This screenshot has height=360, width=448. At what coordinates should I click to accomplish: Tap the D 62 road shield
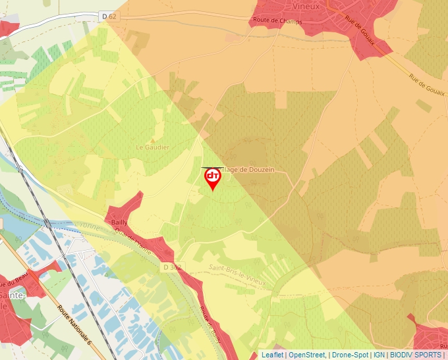[109, 16]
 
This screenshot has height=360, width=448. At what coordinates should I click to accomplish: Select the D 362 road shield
[171, 267]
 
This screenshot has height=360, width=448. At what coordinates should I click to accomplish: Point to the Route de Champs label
[278, 22]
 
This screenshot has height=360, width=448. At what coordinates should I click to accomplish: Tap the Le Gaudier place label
[152, 147]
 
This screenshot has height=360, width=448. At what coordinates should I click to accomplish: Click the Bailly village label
[119, 222]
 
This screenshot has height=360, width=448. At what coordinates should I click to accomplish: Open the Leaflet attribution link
[272, 355]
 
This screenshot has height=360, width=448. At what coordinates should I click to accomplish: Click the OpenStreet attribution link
[306, 355]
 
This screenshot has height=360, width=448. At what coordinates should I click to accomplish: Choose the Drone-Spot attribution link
[350, 355]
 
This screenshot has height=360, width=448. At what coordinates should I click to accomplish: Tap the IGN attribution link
[379, 355]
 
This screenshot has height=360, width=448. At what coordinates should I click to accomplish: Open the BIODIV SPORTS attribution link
[416, 355]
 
